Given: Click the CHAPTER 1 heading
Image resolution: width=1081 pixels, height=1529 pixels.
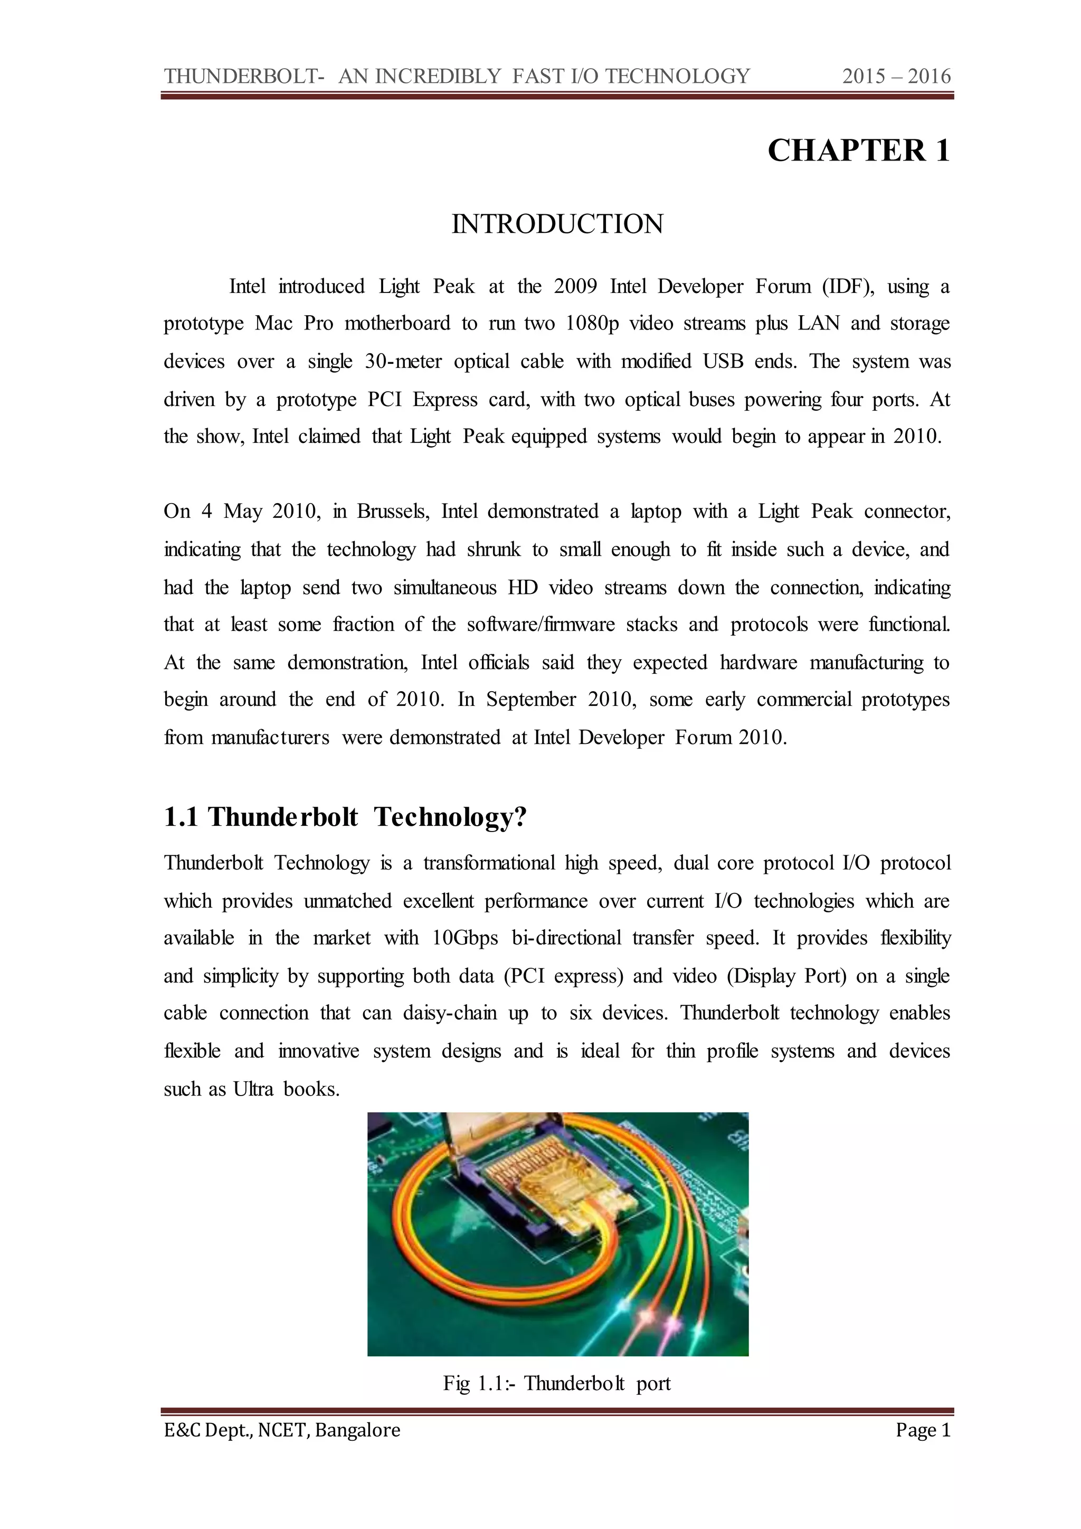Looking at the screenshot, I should tap(859, 150).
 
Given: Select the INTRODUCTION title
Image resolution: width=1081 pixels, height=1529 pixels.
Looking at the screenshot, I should tap(557, 224).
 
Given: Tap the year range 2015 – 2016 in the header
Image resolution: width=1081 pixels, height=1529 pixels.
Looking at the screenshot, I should tap(896, 77).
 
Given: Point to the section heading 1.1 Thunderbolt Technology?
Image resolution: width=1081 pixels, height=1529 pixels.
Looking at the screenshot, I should tap(345, 817).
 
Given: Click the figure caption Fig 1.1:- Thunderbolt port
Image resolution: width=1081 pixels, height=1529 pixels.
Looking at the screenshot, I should tap(556, 1383).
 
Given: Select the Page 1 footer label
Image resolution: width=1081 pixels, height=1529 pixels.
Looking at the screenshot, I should tap(923, 1430).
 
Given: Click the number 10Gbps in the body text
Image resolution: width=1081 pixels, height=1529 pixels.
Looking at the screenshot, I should tap(464, 938).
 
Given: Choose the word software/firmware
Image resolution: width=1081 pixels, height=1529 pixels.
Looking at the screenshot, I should tap(540, 625).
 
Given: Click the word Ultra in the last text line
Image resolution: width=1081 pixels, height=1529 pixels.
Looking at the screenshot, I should tap(253, 1090).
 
